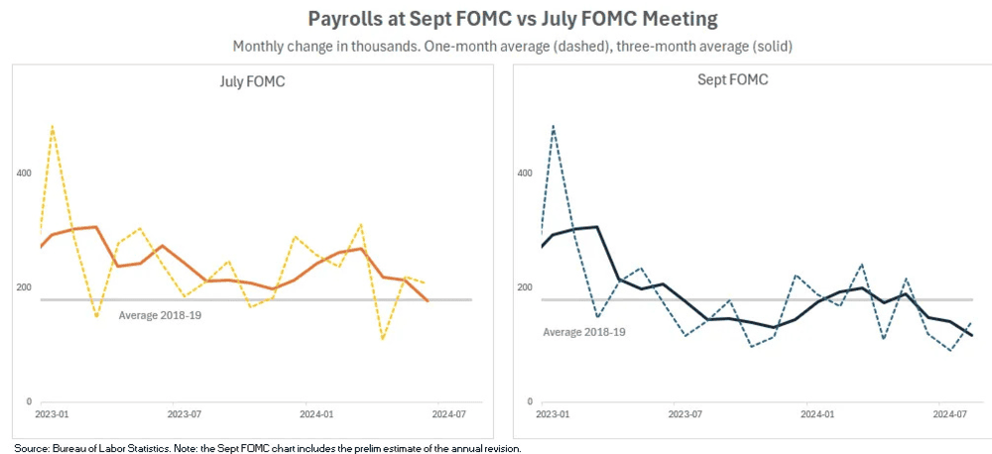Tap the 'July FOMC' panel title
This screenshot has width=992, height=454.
point(252,81)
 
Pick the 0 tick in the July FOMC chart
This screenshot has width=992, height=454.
point(30,401)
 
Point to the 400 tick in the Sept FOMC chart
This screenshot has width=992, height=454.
point(526,173)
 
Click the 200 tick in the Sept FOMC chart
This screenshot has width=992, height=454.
point(526,287)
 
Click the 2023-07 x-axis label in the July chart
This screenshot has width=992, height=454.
point(186,413)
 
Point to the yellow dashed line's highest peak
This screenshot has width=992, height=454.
point(52,127)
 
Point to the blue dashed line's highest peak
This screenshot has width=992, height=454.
point(553,127)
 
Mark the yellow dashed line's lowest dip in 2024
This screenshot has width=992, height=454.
point(383,339)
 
